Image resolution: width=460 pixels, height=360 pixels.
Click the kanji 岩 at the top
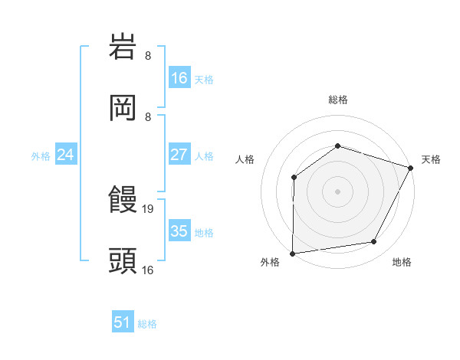click(123, 47)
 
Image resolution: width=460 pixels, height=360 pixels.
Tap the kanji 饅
click(123, 201)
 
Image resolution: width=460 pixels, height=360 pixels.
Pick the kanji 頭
click(123, 260)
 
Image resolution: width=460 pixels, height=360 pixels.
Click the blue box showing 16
click(179, 78)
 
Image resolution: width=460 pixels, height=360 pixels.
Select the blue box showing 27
click(179, 155)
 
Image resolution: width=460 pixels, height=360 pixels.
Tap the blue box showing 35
click(179, 231)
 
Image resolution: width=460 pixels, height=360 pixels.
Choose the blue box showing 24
click(66, 155)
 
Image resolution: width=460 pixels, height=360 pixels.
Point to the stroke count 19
click(149, 208)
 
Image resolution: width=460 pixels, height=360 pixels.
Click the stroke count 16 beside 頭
click(149, 269)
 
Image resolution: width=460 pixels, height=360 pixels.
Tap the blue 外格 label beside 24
click(41, 155)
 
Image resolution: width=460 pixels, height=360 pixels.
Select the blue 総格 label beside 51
click(147, 324)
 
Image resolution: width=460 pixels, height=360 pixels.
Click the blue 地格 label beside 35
click(204, 232)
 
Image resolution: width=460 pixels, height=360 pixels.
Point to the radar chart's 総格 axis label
click(337, 100)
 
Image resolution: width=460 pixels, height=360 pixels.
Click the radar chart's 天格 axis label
click(431, 159)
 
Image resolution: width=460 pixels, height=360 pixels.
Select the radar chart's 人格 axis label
click(245, 159)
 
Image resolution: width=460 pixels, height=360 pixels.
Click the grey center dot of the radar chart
click(337, 191)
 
